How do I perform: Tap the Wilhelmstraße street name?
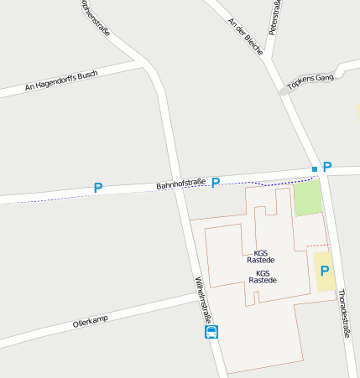(204, 300)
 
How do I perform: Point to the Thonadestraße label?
(344, 313)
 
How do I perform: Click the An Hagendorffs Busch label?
(61, 80)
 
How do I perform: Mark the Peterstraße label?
(274, 17)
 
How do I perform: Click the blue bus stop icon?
(211, 332)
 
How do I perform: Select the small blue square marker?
(315, 170)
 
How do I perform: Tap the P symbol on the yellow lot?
(323, 271)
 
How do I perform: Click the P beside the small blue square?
(327, 168)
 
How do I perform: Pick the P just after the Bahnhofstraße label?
(216, 183)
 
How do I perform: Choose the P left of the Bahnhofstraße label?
(98, 189)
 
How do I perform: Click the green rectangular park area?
(307, 199)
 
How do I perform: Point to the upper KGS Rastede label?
(260, 256)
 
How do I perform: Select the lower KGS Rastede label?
(262, 277)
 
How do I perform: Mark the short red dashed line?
(316, 245)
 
